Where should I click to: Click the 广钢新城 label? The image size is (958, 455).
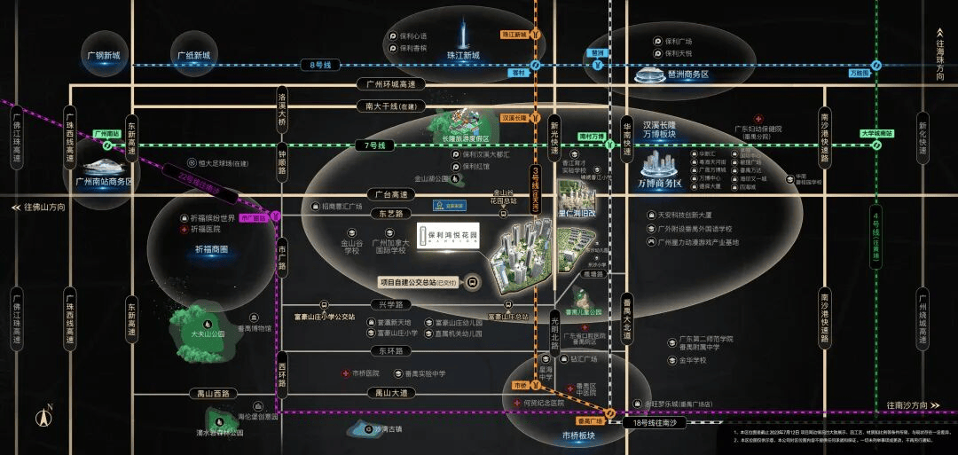[x=104, y=55]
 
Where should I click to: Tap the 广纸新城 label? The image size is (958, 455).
[x=193, y=55]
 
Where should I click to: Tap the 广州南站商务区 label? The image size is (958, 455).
[x=104, y=181]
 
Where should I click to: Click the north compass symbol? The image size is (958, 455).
[x=43, y=418]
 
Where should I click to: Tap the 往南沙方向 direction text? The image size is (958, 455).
[x=915, y=404]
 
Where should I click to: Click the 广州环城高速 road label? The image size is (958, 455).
[x=390, y=84]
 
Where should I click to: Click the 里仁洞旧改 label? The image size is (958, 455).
[x=577, y=213]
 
